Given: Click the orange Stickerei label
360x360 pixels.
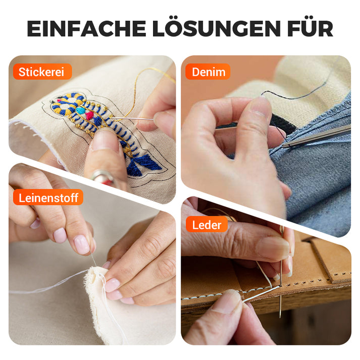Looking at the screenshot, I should [x=41, y=72].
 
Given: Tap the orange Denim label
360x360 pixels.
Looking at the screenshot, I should [x=208, y=72].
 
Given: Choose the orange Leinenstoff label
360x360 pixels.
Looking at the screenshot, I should [x=48, y=197].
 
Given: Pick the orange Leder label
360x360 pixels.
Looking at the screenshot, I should [x=207, y=225].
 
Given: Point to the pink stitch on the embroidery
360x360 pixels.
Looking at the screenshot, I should [x=90, y=115].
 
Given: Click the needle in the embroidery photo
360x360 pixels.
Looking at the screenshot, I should [x=132, y=119].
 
